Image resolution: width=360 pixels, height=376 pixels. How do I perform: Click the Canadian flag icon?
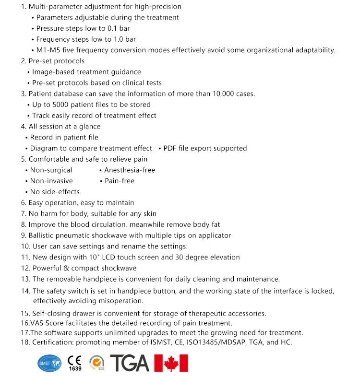171,363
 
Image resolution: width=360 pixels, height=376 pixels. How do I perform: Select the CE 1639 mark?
74,363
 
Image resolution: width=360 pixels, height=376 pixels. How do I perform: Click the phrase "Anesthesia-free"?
130,170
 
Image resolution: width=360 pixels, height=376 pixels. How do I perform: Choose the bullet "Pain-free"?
120,181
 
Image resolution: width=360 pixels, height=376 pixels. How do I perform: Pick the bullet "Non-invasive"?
51,181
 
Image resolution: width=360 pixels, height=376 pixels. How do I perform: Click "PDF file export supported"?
205,148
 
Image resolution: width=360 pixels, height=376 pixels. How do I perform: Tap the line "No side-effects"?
55,192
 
